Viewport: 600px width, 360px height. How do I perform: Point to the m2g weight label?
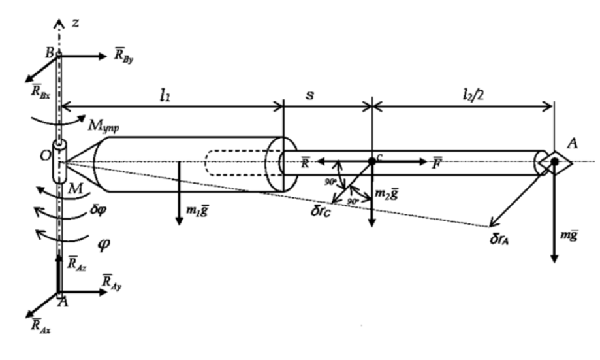[389, 193]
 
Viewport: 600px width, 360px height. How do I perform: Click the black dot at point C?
[371, 161]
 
